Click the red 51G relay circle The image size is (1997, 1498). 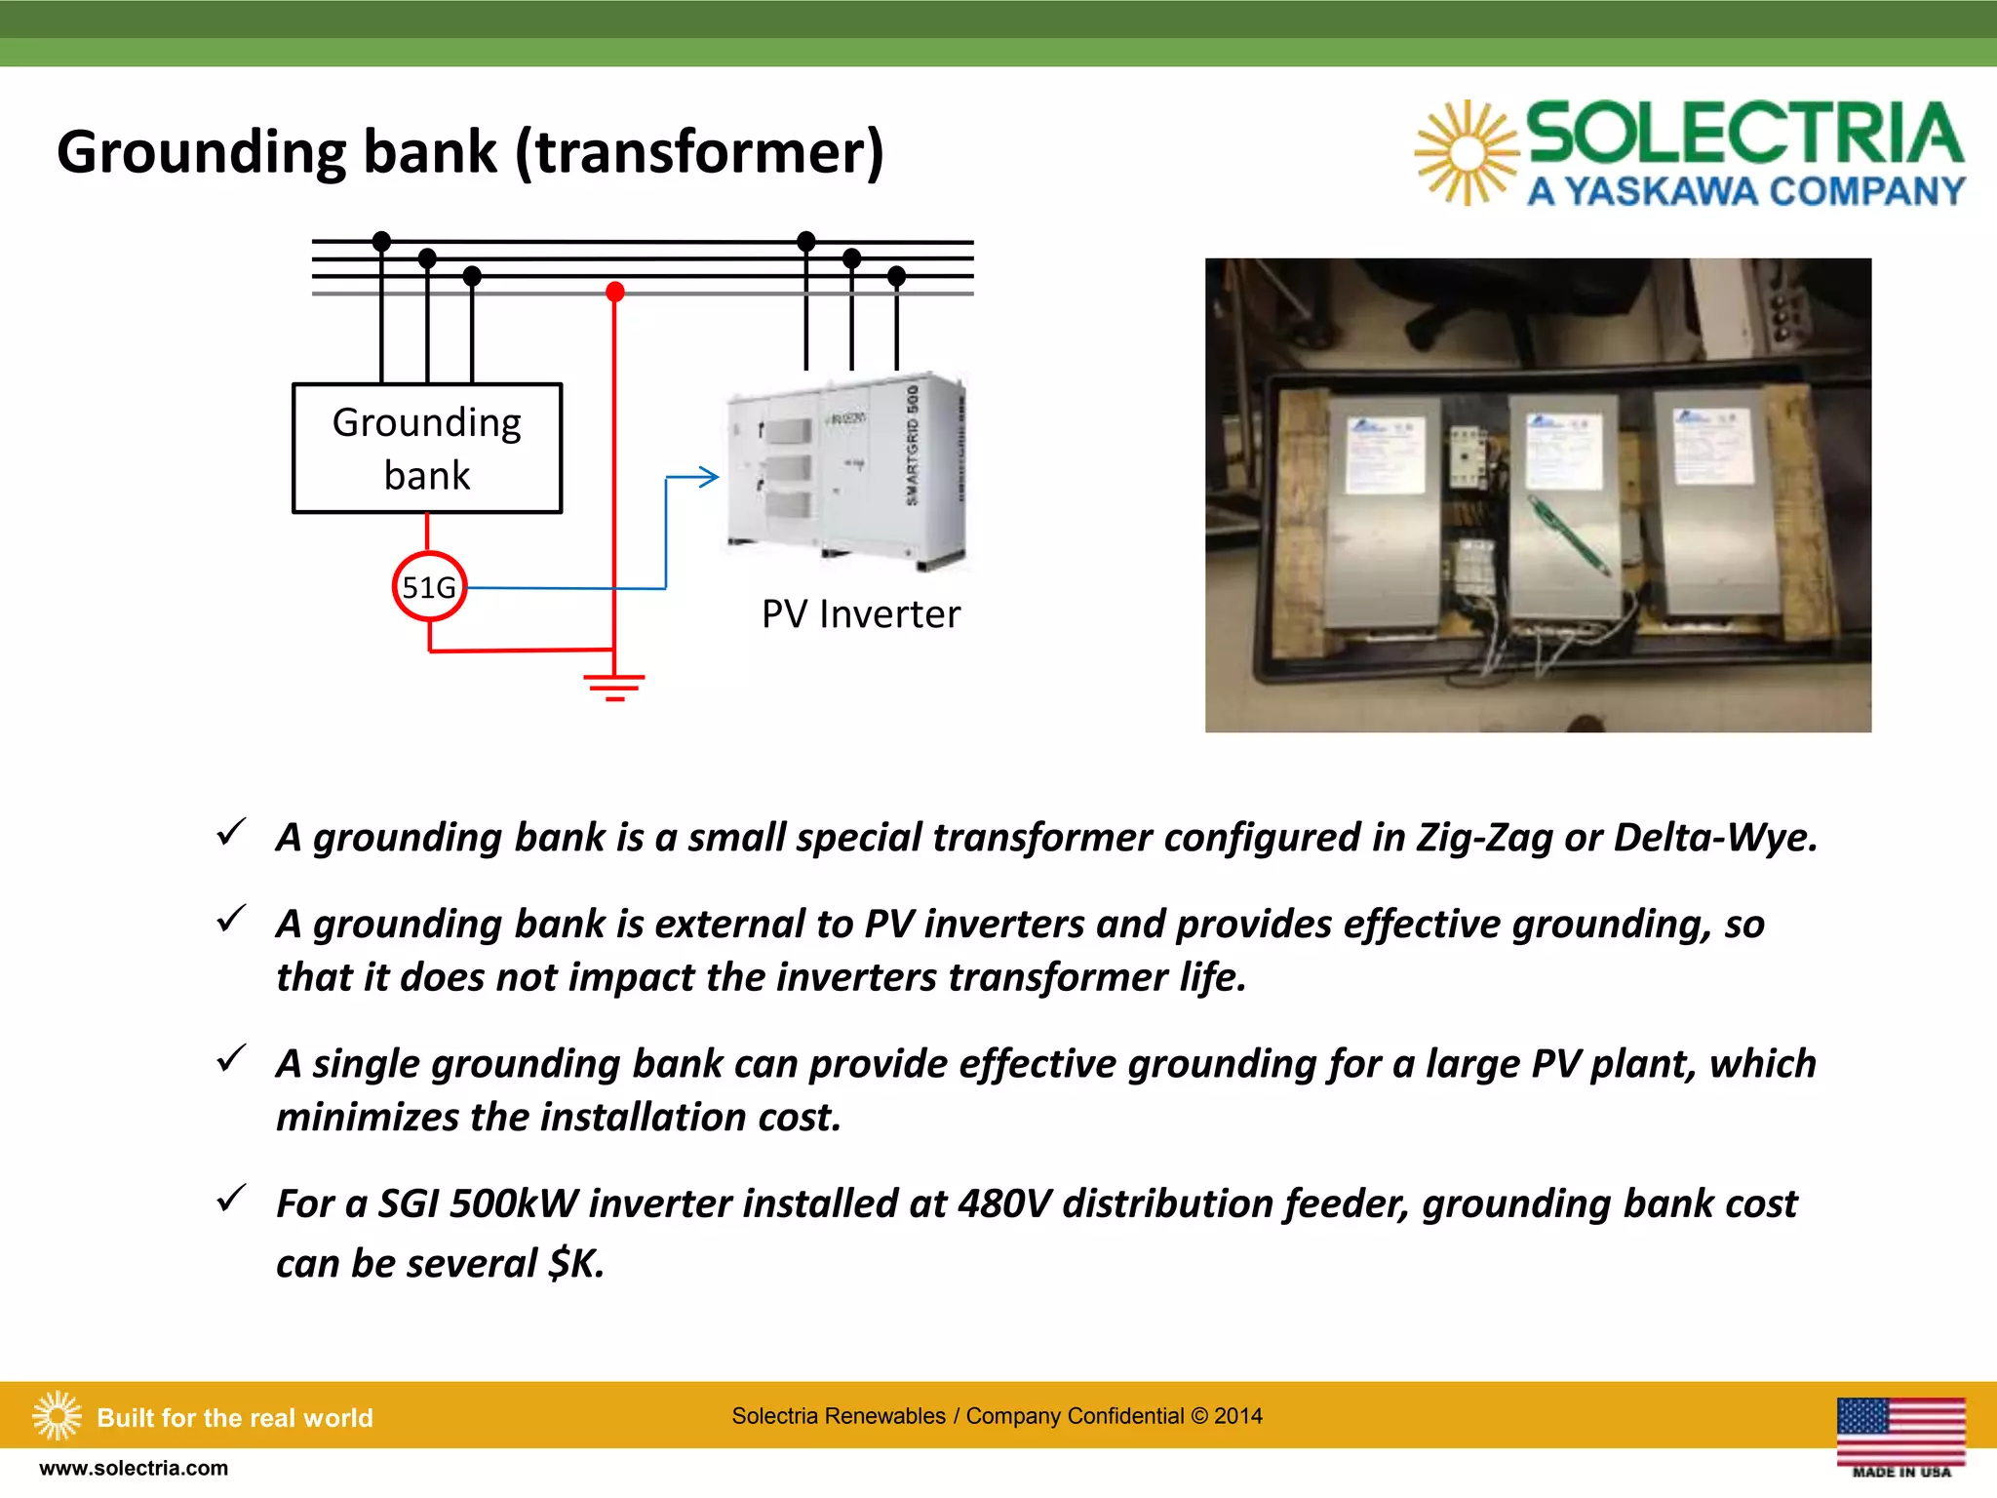pos(429,586)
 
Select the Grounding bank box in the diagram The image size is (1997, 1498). pos(427,448)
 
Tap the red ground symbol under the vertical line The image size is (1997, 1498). pos(614,687)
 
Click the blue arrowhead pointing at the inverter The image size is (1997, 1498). pos(709,477)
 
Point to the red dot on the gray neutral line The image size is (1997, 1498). pos(614,292)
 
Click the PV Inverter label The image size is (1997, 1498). pos(860,614)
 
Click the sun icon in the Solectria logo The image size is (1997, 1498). pos(1466,153)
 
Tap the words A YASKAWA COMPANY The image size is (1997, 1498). pos(1745,191)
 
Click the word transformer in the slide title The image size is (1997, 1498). pos(700,152)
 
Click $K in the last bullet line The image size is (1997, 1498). pos(575,1264)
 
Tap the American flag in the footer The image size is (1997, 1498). pos(1900,1430)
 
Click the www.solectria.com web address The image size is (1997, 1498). pos(134,1468)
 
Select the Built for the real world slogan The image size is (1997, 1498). pos(235,1417)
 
